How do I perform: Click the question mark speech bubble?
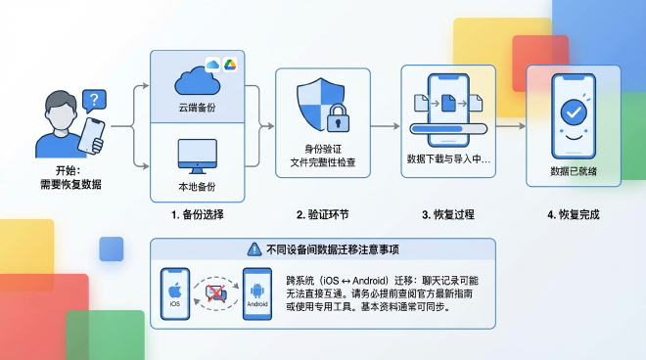93,99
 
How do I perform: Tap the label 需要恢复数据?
70,185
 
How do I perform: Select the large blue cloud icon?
195,78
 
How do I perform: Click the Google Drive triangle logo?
228,64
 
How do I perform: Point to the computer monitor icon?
198,155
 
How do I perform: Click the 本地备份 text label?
198,185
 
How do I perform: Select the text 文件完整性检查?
323,159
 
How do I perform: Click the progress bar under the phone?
450,127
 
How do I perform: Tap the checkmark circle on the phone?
573,113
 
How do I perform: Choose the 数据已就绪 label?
574,170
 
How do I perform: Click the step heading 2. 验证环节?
323,213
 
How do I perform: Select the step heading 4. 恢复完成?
574,213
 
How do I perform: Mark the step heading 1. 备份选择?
198,213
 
